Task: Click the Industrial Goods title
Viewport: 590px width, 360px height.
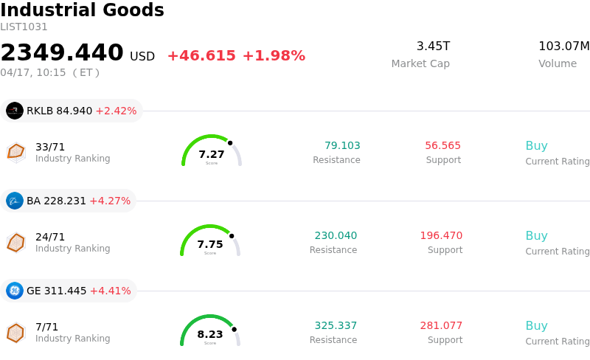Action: pyautogui.click(x=82, y=10)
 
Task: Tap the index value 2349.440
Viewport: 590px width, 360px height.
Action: pyautogui.click(x=62, y=53)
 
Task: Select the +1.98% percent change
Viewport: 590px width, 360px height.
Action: pyautogui.click(x=274, y=56)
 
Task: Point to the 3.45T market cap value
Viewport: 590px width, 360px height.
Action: pyautogui.click(x=433, y=46)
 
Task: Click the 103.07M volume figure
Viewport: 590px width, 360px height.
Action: pyautogui.click(x=563, y=46)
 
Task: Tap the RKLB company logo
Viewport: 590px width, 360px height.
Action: pyautogui.click(x=15, y=111)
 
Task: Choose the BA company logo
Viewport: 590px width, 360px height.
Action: pyautogui.click(x=15, y=201)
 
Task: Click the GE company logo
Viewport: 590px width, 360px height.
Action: pyautogui.click(x=15, y=291)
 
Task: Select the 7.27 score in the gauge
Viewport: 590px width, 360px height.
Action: pyautogui.click(x=212, y=154)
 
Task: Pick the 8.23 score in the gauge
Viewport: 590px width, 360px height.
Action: pyautogui.click(x=210, y=334)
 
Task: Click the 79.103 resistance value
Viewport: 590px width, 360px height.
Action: pyautogui.click(x=342, y=146)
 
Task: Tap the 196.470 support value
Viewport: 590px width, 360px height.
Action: pyautogui.click(x=441, y=236)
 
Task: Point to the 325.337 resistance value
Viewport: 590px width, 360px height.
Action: pyautogui.click(x=336, y=326)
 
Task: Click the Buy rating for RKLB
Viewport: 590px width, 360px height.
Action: pyautogui.click(x=536, y=146)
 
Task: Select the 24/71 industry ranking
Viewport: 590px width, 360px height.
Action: pyautogui.click(x=50, y=237)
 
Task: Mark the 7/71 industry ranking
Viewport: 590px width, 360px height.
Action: pyautogui.click(x=46, y=327)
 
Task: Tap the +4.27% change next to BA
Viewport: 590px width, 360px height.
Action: pyautogui.click(x=110, y=201)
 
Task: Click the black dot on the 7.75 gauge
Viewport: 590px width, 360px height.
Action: pyautogui.click(x=232, y=236)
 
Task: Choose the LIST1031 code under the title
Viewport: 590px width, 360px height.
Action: pyautogui.click(x=24, y=27)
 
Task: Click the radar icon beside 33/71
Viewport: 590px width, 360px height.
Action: pyautogui.click(x=15, y=151)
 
